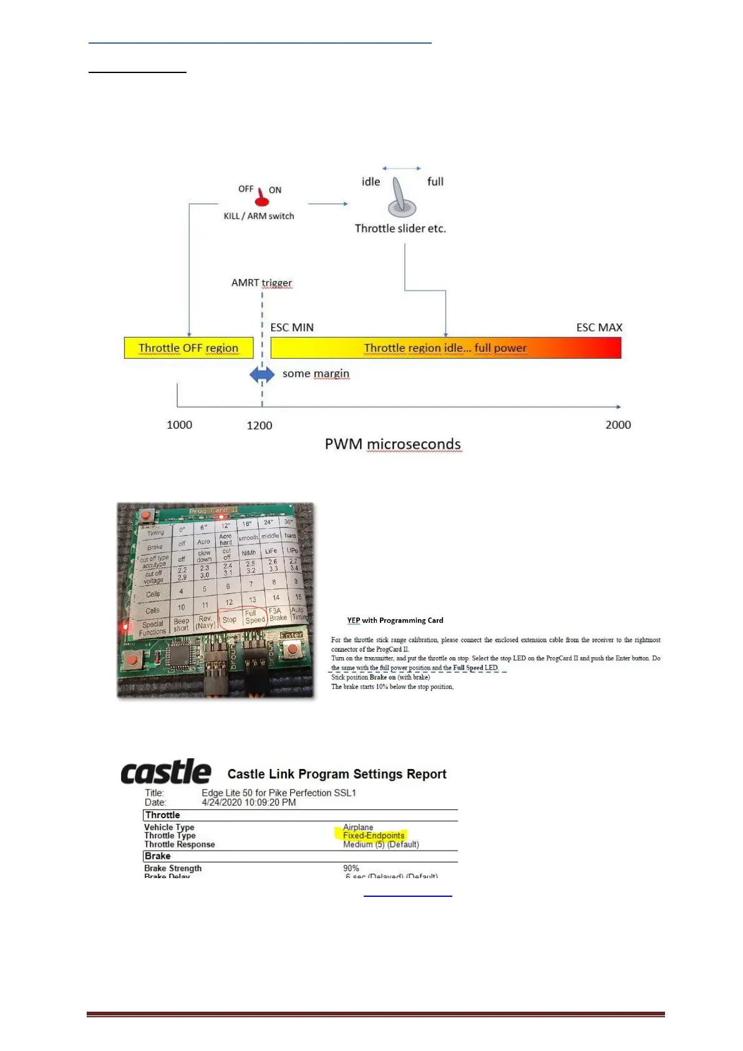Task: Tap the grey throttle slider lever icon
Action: pos(401,196)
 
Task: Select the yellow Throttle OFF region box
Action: pos(188,348)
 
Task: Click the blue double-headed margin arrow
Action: pos(262,374)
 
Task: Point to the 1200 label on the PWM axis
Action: pos(260,426)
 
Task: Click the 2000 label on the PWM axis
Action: pos(618,425)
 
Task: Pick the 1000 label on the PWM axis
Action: pos(179,425)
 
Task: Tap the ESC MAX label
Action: pos(599,328)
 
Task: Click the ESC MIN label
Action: pos(292,328)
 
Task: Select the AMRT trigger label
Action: pos(261,283)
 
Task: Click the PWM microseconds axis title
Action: pos(392,444)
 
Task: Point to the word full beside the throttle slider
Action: pos(435,182)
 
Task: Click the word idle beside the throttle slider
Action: pos(371,182)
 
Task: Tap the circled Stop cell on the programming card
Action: pos(230,619)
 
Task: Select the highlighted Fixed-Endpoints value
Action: pos(374,836)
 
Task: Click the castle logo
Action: pos(166,773)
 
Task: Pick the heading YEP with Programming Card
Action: pos(395,620)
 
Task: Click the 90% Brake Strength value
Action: pos(351,868)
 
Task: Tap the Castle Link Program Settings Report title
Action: pos(337,775)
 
